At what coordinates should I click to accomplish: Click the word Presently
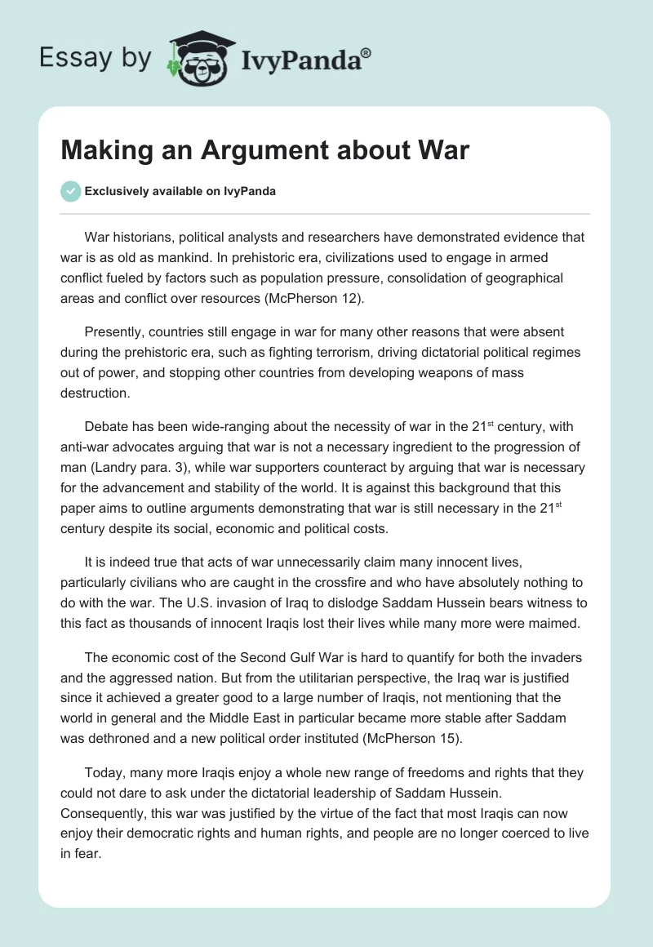pos(113,333)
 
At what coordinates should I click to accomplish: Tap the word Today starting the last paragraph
pos(104,771)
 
